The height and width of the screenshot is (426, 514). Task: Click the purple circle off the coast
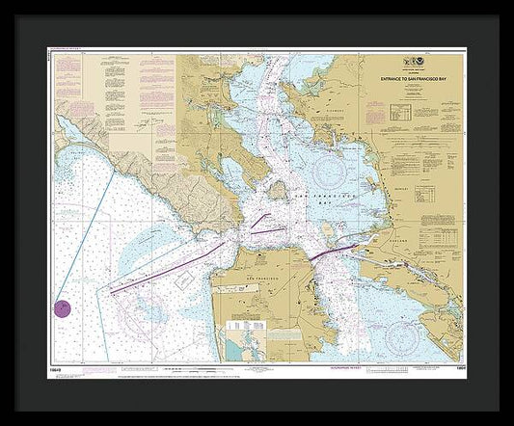click(61, 308)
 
